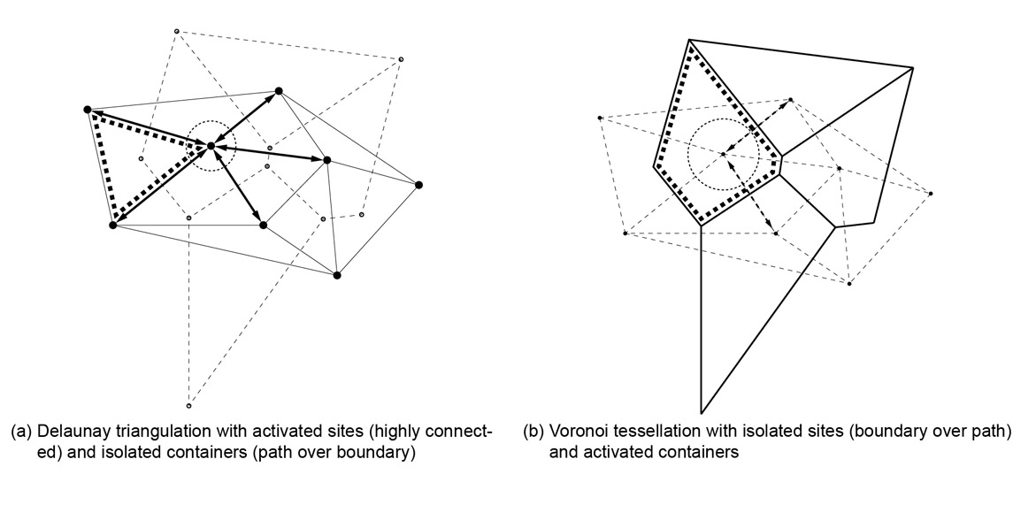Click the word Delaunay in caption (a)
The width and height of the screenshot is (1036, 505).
point(63,432)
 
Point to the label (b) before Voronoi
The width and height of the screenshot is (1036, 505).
point(533,432)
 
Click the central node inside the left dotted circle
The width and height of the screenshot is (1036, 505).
point(211,145)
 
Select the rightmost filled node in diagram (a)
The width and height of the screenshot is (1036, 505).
point(418,185)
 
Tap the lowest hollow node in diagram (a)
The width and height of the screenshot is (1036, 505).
point(188,406)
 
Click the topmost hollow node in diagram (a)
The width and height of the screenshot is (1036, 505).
point(176,32)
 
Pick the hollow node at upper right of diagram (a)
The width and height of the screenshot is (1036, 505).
point(401,59)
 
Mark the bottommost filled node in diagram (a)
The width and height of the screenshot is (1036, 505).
point(337,275)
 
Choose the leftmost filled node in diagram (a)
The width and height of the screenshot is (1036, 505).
point(87,110)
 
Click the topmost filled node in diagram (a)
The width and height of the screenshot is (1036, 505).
point(279,90)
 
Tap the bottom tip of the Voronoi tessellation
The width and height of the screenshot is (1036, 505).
point(701,413)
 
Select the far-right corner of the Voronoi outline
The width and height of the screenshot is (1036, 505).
point(913,67)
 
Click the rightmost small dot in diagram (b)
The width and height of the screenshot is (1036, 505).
point(931,193)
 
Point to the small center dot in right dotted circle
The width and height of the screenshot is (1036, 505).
point(723,155)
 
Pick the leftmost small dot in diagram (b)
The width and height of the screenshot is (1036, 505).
point(600,118)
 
